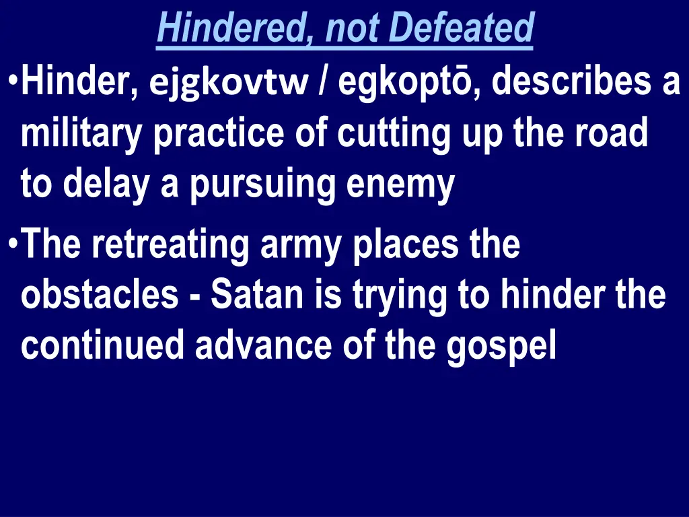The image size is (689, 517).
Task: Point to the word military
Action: tap(81, 135)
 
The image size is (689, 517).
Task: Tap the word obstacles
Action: tap(100, 295)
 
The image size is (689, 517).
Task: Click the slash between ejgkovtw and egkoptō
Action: tap(326, 84)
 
